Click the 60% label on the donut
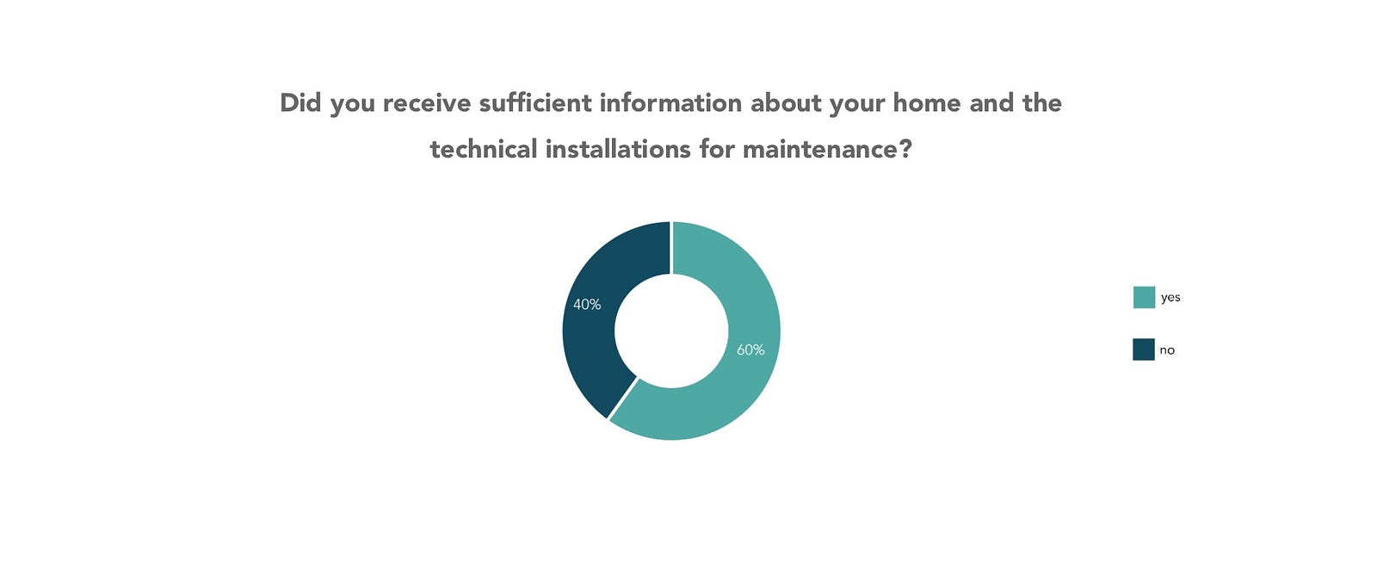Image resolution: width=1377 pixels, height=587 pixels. pyautogui.click(x=750, y=349)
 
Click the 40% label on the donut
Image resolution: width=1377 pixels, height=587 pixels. pyautogui.click(x=587, y=304)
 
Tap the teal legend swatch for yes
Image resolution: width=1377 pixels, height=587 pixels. pyautogui.click(x=1144, y=297)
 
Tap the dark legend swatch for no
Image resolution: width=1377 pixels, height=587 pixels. pyautogui.click(x=1144, y=349)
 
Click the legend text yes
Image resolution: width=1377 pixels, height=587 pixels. pyautogui.click(x=1170, y=298)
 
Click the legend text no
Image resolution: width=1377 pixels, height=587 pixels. pyautogui.click(x=1167, y=350)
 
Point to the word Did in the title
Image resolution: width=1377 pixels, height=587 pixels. pyautogui.click(x=300, y=102)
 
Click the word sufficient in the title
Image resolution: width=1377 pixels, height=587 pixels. pyautogui.click(x=534, y=102)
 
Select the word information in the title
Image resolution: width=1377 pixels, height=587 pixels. pyautogui.click(x=670, y=102)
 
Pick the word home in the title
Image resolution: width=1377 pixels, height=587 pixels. pyautogui.click(x=927, y=102)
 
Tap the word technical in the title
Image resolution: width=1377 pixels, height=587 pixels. pyautogui.click(x=483, y=150)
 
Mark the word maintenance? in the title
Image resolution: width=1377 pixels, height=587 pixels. pyautogui.click(x=827, y=150)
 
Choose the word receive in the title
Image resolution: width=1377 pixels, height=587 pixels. pyautogui.click(x=427, y=103)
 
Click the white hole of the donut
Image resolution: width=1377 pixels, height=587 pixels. pyautogui.click(x=671, y=331)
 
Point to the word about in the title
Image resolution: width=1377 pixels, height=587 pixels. pyautogui.click(x=786, y=102)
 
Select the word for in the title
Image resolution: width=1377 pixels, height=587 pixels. pyautogui.click(x=716, y=150)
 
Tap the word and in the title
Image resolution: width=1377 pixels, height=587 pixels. pyautogui.click(x=991, y=102)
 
